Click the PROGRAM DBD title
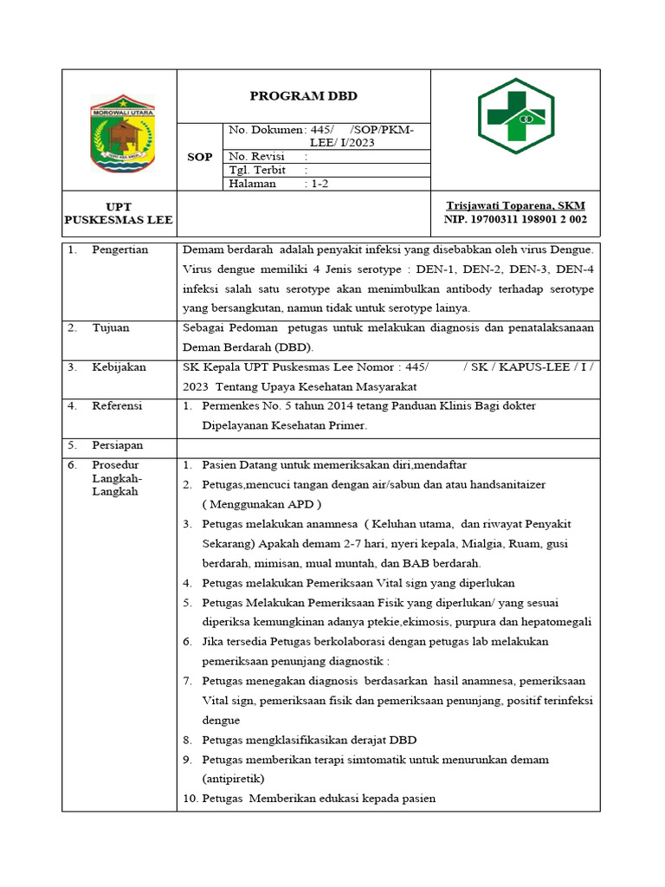click(x=303, y=95)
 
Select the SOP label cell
click(x=200, y=157)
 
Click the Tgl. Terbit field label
click(x=257, y=170)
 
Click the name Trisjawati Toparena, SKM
click(x=515, y=206)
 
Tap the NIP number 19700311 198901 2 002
click(x=515, y=220)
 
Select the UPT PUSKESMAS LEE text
click(x=119, y=213)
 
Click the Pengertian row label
click(x=120, y=249)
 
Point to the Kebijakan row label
click(x=119, y=367)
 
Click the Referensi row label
click(x=118, y=405)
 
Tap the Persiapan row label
click(x=118, y=445)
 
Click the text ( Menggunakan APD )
click(x=261, y=504)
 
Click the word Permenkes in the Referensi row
click(x=229, y=405)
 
